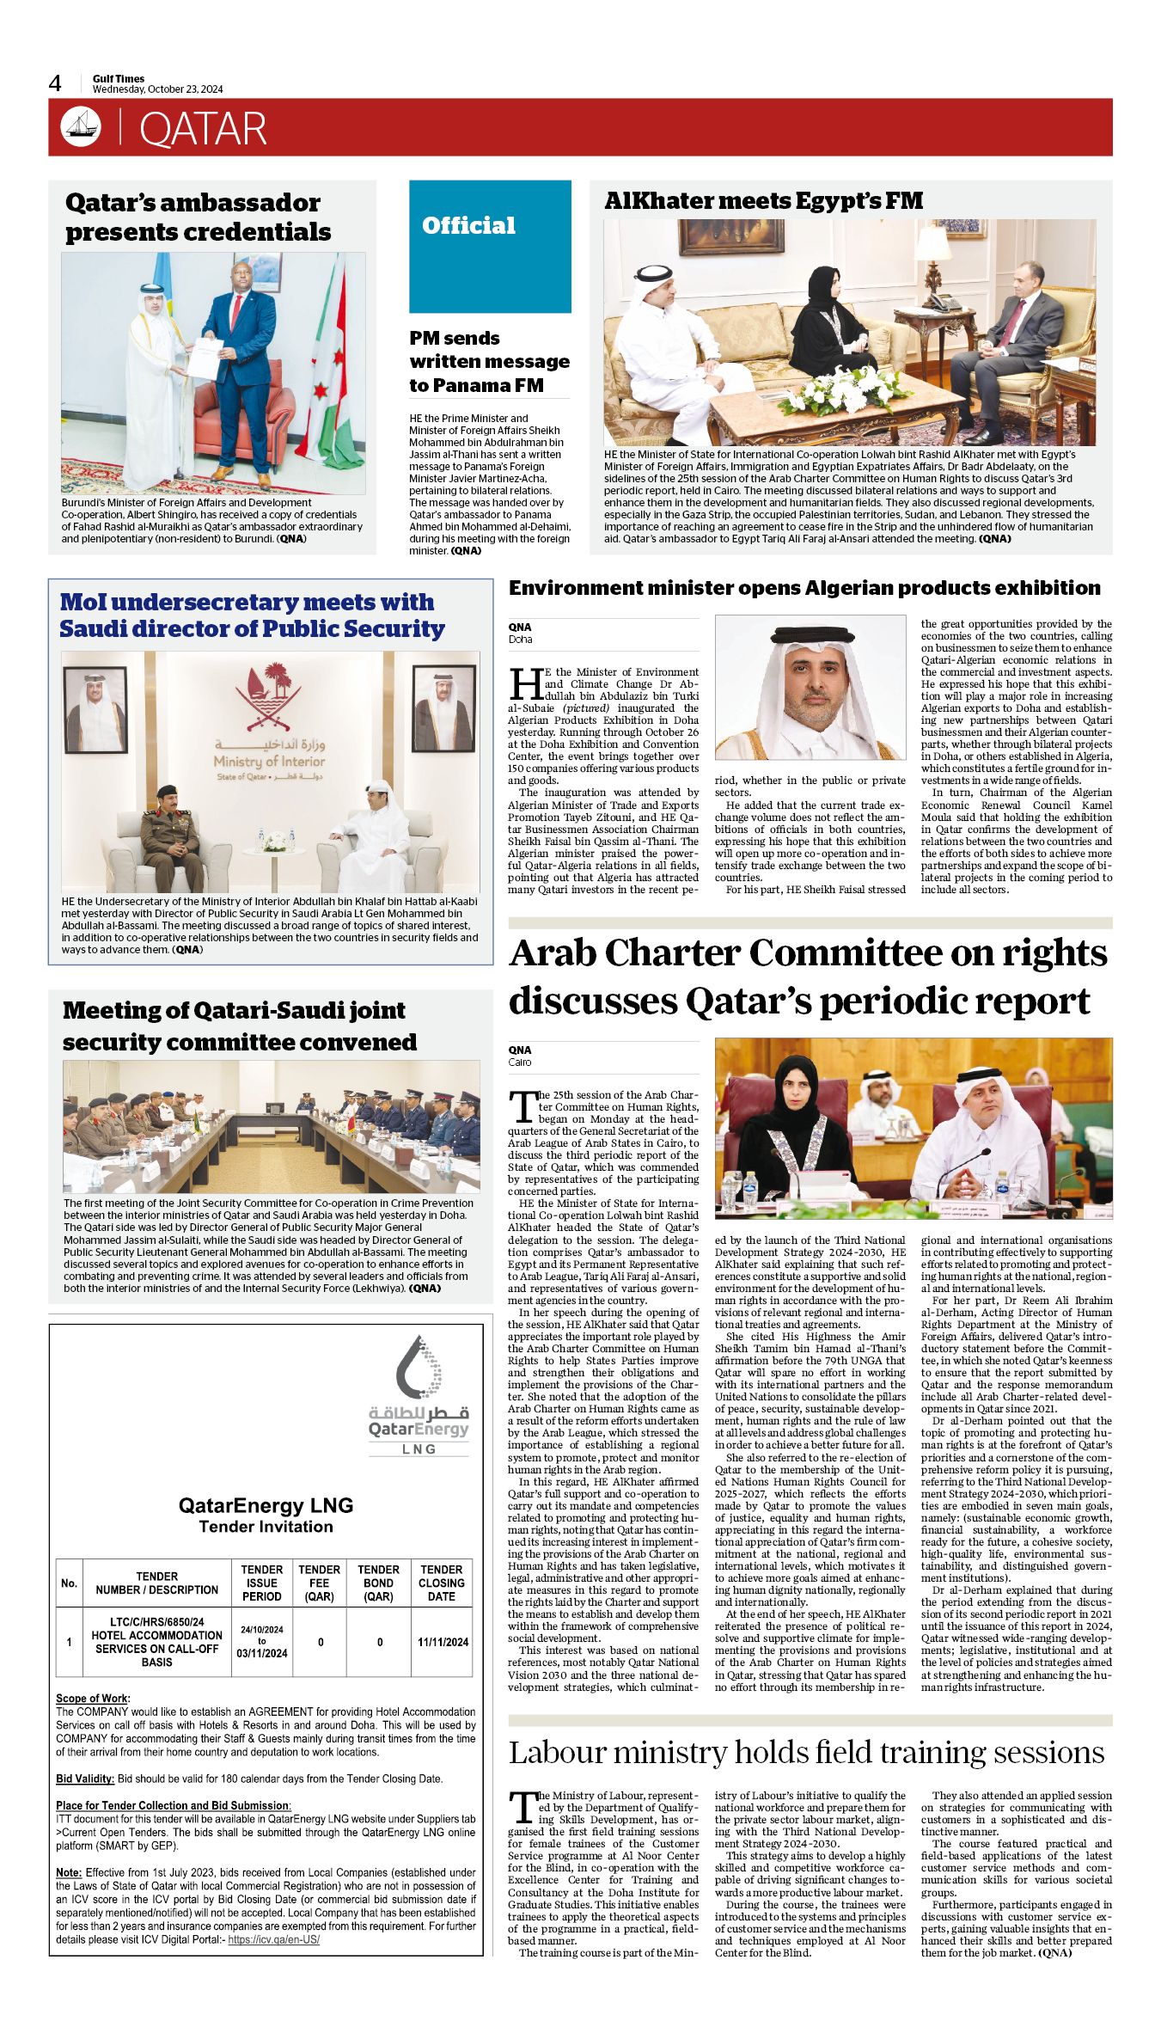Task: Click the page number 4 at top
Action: pyautogui.click(x=55, y=83)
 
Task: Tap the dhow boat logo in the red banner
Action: pyautogui.click(x=80, y=127)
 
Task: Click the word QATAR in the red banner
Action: pyautogui.click(x=203, y=129)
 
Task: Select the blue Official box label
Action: pyautogui.click(x=468, y=226)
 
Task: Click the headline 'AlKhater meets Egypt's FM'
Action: pyautogui.click(x=763, y=201)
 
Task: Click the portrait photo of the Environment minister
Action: pyautogui.click(x=810, y=688)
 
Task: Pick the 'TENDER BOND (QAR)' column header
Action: pyautogui.click(x=378, y=1583)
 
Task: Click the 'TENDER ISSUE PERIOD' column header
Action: pyautogui.click(x=261, y=1583)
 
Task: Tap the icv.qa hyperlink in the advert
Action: pyautogui.click(x=273, y=1940)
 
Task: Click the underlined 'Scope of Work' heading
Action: pyautogui.click(x=93, y=1699)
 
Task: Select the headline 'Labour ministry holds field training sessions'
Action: pyautogui.click(x=806, y=1753)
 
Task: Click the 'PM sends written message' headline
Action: pyautogui.click(x=489, y=361)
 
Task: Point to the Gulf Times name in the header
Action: pyautogui.click(x=119, y=78)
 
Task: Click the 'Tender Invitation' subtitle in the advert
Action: pyautogui.click(x=266, y=1527)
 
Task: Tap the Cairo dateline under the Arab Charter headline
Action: pyautogui.click(x=520, y=1062)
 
